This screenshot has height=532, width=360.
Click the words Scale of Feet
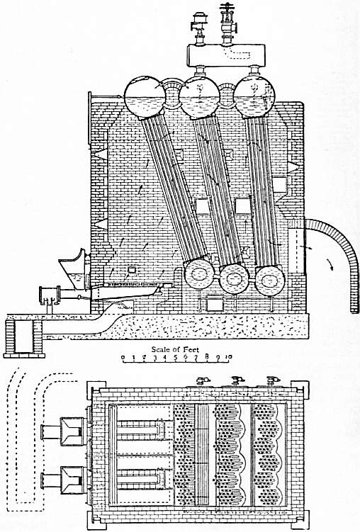click(x=175, y=349)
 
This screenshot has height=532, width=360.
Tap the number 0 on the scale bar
click(x=123, y=357)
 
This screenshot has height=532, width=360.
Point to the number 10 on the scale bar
click(x=229, y=356)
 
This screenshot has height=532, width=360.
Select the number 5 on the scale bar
click(x=175, y=357)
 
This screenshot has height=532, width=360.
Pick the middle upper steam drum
click(x=200, y=96)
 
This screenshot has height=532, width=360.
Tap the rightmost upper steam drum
click(x=254, y=96)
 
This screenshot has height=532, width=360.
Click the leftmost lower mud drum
click(x=198, y=273)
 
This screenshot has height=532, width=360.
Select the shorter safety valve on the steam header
click(x=198, y=27)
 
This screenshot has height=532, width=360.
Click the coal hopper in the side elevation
click(x=74, y=268)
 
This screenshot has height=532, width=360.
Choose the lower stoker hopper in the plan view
click(x=72, y=480)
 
